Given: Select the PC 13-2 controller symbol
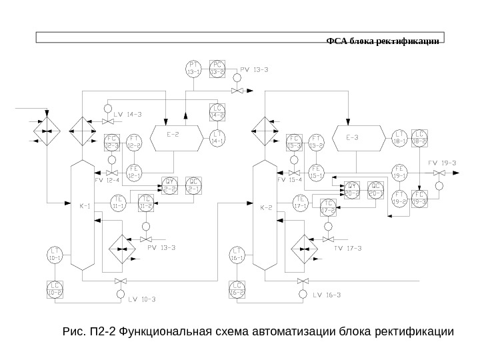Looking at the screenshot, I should (x=217, y=69).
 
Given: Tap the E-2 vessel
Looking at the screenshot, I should (x=173, y=133).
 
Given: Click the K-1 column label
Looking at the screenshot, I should (x=85, y=205).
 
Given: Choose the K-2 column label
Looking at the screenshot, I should (x=265, y=205).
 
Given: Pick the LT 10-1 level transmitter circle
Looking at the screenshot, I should (x=55, y=255).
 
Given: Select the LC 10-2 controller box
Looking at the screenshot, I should (x=55, y=289).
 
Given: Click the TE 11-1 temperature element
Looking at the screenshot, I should (x=119, y=203).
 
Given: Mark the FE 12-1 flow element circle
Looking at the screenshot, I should (x=134, y=171).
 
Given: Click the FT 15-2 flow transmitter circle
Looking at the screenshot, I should (x=317, y=142).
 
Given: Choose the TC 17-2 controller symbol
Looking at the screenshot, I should (x=327, y=207).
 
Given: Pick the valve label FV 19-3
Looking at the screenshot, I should (x=441, y=163).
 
